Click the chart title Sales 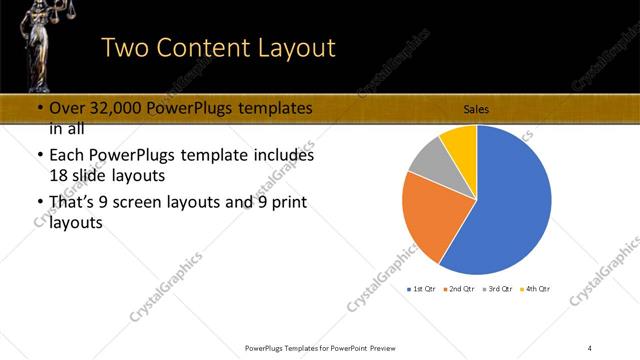475,110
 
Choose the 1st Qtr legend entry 424,290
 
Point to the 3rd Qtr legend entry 498,290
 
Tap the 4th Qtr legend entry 536,290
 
